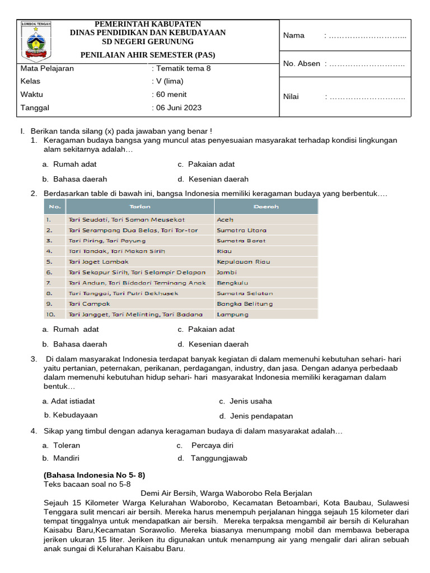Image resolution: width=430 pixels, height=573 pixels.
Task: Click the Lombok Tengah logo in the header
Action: [36, 40]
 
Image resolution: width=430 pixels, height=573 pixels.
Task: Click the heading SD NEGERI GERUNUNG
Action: [148, 42]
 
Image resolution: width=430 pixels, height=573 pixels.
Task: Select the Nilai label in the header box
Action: [291, 97]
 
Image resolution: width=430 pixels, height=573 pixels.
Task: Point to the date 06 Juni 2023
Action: [179, 107]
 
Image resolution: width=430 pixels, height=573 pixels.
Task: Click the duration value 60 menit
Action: [171, 95]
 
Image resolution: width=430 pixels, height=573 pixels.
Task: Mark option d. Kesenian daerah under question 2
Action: [213, 344]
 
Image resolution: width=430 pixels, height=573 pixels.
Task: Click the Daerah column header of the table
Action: [265, 206]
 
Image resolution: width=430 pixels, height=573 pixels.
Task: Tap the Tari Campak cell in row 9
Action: [89, 304]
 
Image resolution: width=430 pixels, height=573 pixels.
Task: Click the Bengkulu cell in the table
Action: [232, 283]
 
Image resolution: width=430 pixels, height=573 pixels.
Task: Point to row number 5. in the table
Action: [49, 262]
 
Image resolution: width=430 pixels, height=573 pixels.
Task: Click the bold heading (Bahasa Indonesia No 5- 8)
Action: [95, 475]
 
